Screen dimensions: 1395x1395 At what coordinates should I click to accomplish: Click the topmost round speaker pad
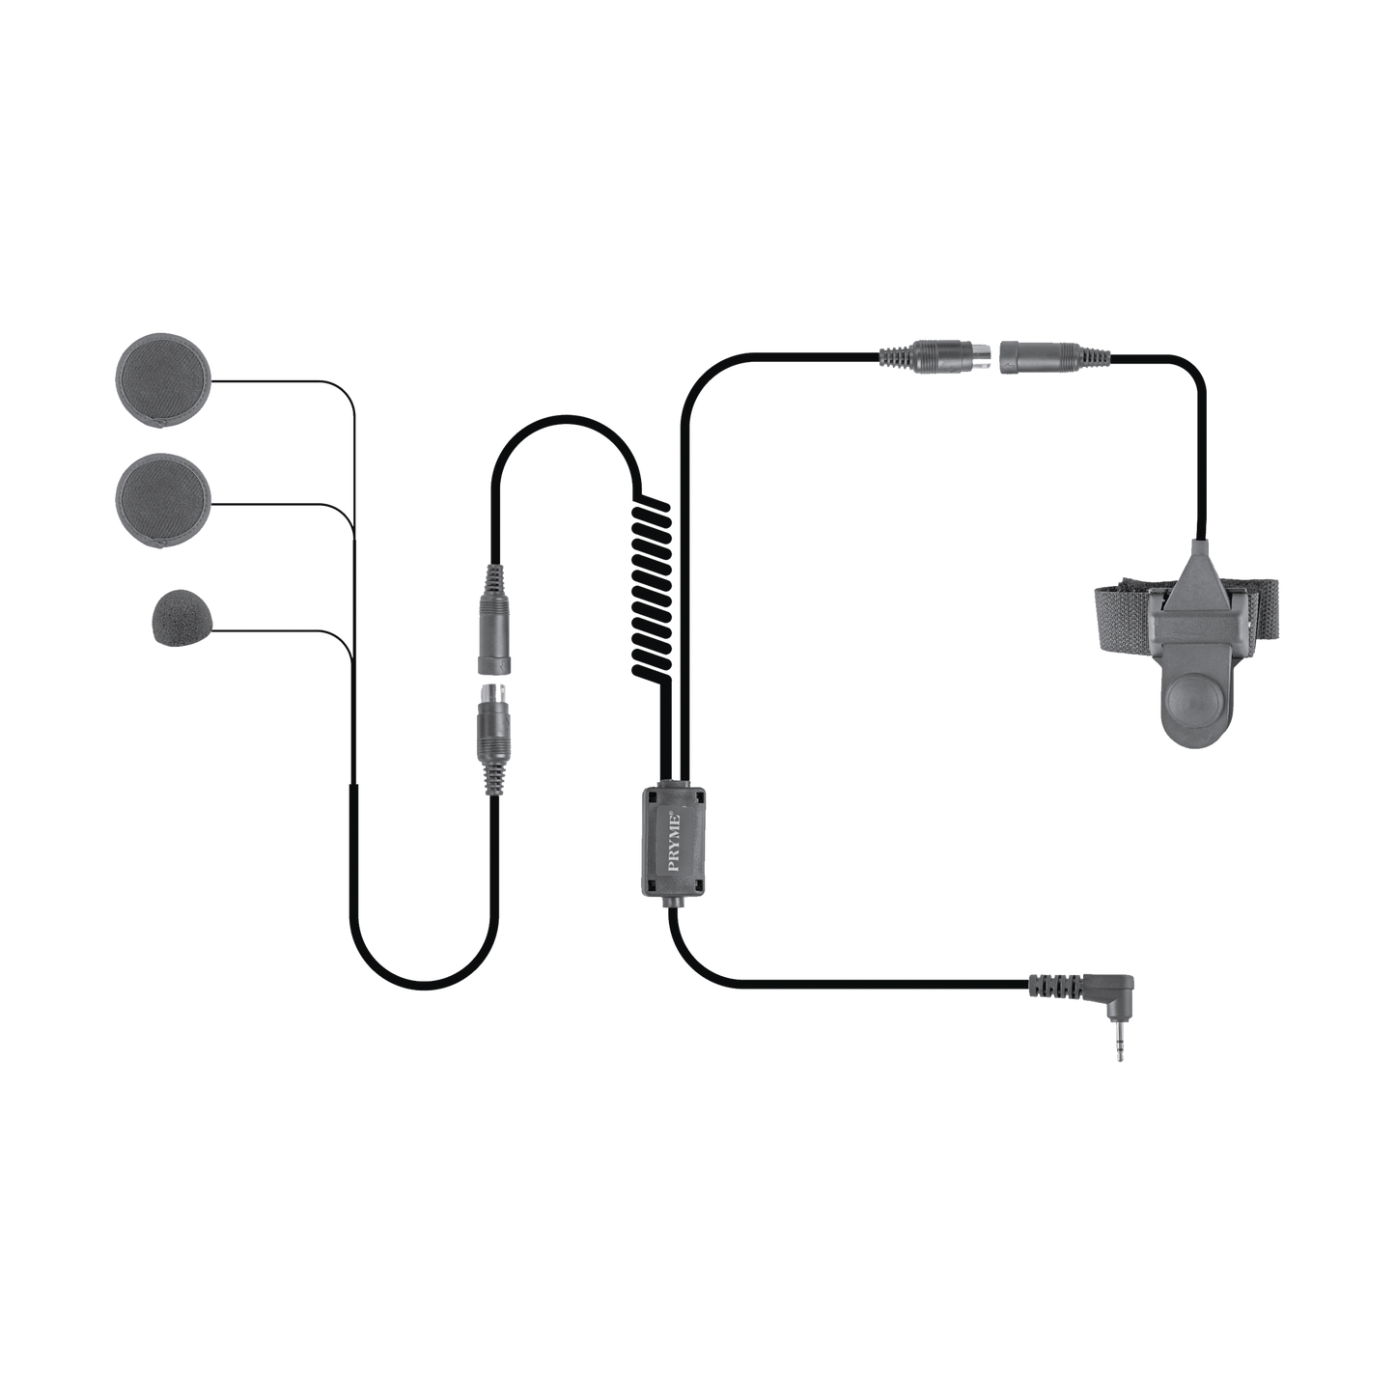(162, 380)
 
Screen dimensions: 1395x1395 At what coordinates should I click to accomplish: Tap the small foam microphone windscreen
(180, 619)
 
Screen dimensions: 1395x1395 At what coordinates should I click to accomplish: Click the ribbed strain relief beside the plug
(1051, 985)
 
